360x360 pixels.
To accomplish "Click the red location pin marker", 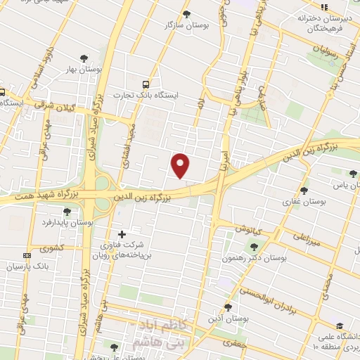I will coord(181,165).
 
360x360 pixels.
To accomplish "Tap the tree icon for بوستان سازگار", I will coord(186,13).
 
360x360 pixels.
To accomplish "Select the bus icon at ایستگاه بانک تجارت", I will coord(146,82).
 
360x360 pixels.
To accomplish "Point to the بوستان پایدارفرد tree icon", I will coord(67,211).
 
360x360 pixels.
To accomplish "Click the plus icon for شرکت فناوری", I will coord(122,234).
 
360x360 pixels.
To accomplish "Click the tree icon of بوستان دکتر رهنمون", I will coord(254,246).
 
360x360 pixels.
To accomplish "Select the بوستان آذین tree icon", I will coord(227,307).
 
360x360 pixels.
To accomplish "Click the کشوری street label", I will coord(51,248).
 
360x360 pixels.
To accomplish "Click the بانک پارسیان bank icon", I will coord(27,255).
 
